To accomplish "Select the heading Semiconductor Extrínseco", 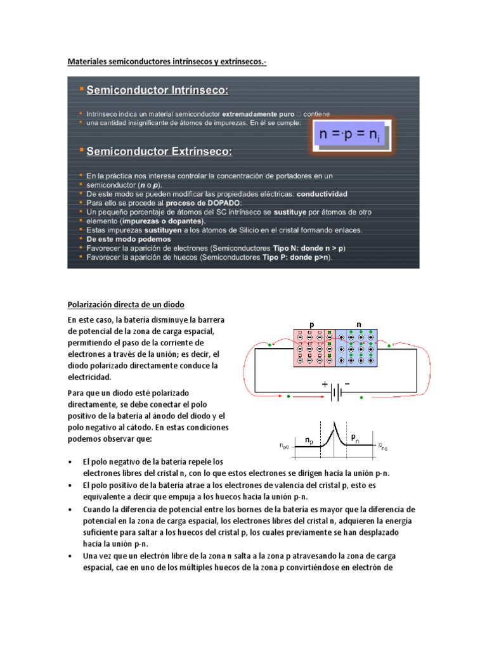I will click(x=159, y=151).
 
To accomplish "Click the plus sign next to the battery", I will click(x=325, y=384).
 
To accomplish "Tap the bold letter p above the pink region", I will click(x=311, y=324).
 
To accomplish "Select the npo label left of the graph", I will click(x=283, y=446).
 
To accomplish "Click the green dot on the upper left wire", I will click(x=271, y=345).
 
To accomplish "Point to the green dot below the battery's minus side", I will click(x=362, y=397).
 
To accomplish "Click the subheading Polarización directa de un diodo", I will click(x=126, y=305).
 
